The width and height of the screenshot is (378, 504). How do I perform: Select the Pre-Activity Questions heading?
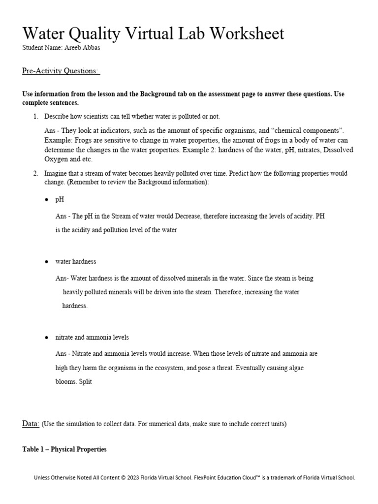point(61,71)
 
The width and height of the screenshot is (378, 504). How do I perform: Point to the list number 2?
point(35,174)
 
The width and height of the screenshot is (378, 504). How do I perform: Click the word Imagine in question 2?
point(57,174)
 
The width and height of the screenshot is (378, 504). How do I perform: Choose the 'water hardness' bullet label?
point(76,261)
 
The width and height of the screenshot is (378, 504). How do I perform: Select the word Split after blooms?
point(86,381)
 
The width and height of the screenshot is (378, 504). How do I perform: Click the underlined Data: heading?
point(31,423)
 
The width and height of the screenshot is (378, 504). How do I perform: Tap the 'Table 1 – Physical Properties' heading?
point(64,449)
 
